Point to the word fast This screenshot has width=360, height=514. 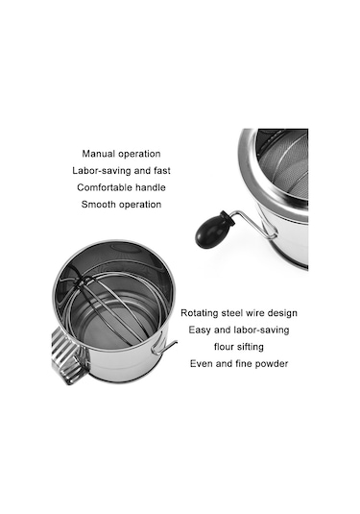pyautogui.click(x=162, y=170)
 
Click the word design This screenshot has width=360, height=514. pyautogui.click(x=282, y=313)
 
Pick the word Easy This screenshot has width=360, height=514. pyautogui.click(x=200, y=330)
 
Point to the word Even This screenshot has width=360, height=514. pyautogui.click(x=202, y=363)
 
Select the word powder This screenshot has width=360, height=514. pyautogui.click(x=272, y=364)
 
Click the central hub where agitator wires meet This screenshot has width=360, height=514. pyautogui.click(x=81, y=281)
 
